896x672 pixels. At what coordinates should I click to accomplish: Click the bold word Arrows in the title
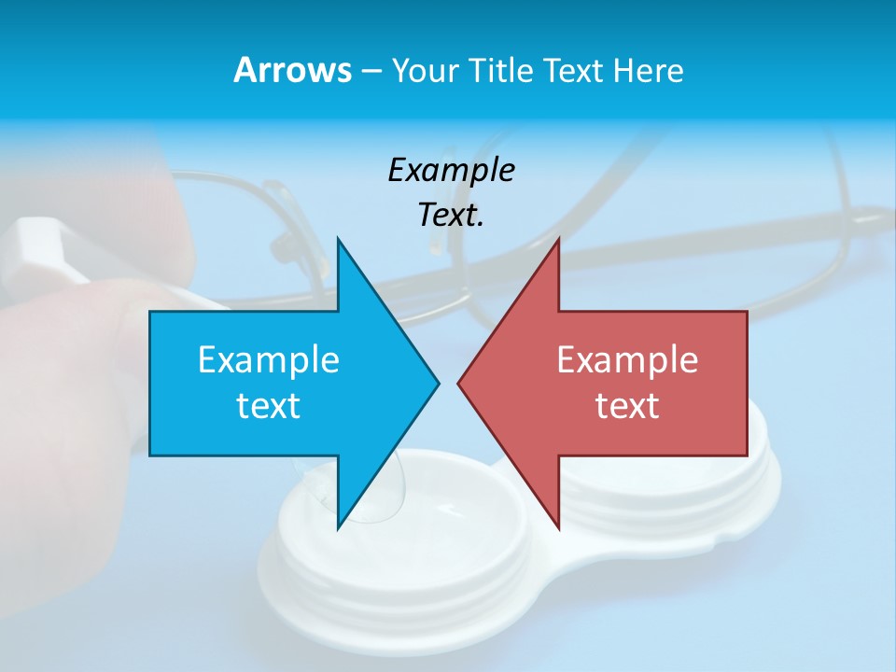[x=291, y=70]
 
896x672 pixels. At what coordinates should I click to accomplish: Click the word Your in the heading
[x=424, y=70]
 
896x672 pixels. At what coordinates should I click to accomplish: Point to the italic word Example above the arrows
[x=451, y=170]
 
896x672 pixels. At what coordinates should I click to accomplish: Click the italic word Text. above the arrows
[x=451, y=215]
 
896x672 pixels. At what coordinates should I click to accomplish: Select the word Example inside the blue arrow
[x=269, y=359]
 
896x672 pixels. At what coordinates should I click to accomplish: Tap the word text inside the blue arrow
[x=269, y=405]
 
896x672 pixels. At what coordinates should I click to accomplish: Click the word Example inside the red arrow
[x=627, y=359]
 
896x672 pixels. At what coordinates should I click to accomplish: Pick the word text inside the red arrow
[x=627, y=405]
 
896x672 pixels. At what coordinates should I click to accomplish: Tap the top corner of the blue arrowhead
[x=338, y=239]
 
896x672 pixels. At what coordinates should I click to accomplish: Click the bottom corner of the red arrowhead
[x=558, y=528]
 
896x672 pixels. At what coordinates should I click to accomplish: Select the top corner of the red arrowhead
[x=558, y=239]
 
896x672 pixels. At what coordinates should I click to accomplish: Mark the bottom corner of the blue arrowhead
[x=338, y=528]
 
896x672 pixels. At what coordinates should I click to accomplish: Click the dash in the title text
[x=371, y=72]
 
